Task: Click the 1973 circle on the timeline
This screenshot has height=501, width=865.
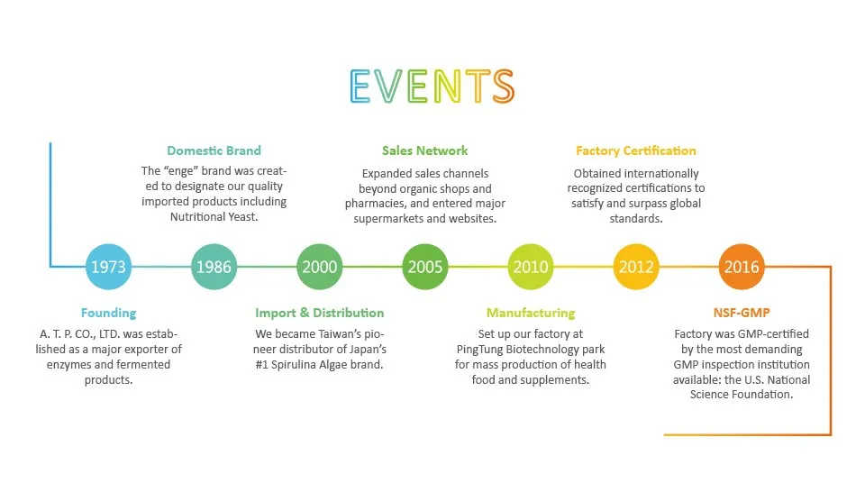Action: pos(108,267)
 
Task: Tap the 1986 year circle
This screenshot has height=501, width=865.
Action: pos(214,267)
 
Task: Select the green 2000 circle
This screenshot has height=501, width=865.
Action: pos(320,267)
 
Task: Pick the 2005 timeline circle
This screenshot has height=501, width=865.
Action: pos(425,267)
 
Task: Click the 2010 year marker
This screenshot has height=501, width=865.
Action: pos(531,267)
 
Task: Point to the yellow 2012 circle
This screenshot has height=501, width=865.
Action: pos(636,267)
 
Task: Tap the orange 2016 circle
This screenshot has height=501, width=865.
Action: pos(742,267)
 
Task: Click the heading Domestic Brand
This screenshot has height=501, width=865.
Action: pos(214,150)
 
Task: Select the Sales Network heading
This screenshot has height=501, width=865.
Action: pos(425,150)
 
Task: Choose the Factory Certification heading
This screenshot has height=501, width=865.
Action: pos(636,150)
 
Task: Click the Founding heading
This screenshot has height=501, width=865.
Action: pos(108,313)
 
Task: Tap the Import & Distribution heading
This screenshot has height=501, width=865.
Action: pos(320,313)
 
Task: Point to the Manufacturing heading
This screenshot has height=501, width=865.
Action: pos(531,313)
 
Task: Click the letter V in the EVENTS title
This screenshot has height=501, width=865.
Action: pos(393,86)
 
